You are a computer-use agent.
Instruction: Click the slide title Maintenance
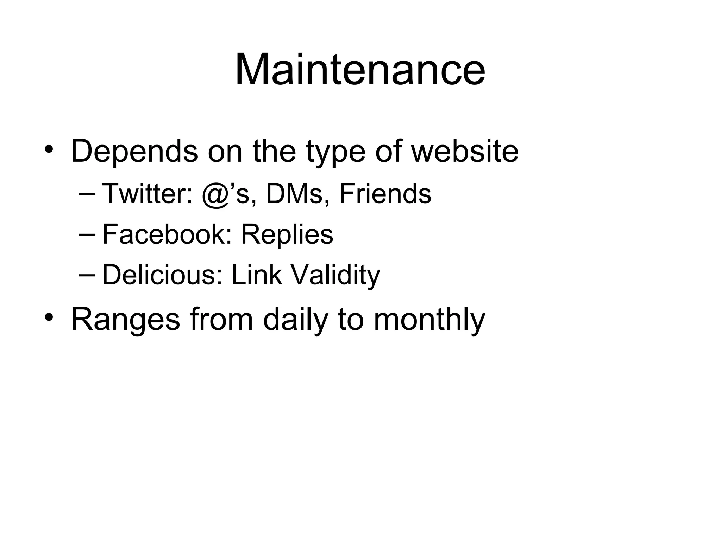pos(360,69)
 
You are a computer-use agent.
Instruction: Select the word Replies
pos(287,235)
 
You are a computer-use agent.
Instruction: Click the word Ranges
pos(125,320)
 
